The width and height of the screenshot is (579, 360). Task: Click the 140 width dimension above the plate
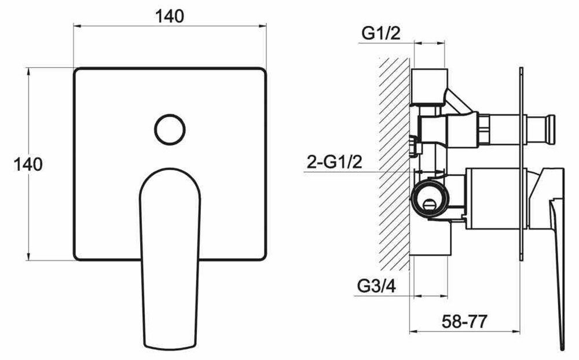coord(170,17)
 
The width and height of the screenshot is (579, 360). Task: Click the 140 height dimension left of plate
coord(28,164)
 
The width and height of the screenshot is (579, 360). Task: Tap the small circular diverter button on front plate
coord(170,130)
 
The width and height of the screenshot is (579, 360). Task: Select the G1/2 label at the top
coord(381,34)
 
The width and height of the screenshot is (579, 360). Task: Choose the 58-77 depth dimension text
coord(464,322)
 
